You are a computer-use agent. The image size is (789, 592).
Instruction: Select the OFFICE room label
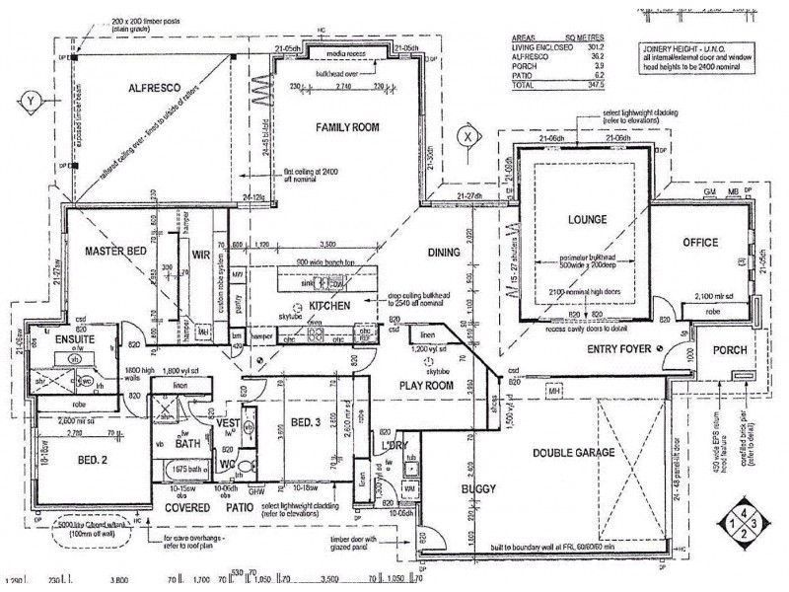click(699, 243)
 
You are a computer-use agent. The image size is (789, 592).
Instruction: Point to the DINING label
click(445, 253)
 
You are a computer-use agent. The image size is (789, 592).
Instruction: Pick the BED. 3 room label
click(304, 422)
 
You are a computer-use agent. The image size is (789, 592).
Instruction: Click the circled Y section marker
click(31, 100)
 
